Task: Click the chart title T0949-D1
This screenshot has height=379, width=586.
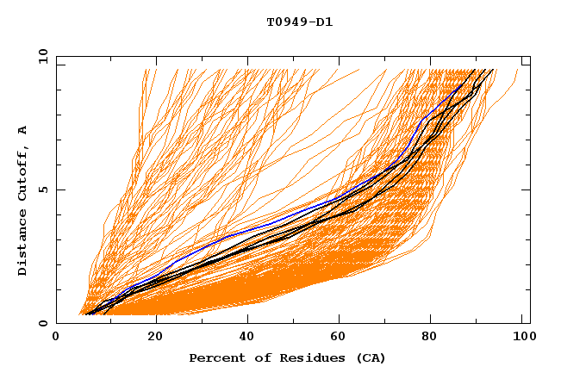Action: [299, 22]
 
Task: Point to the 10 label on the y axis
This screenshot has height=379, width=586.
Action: [41, 56]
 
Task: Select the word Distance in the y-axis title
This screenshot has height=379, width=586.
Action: [23, 244]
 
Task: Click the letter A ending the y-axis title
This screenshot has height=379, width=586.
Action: [23, 130]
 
